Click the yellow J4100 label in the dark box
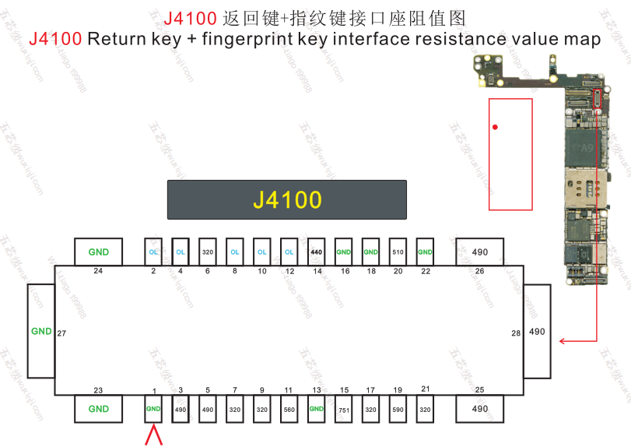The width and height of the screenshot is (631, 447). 287,200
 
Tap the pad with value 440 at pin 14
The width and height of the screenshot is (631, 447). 316,252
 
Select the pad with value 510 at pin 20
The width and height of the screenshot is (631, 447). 398,252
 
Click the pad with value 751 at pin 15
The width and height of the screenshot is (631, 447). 344,410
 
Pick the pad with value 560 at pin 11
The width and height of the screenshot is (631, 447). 289,410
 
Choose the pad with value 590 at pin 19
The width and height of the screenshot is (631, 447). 398,410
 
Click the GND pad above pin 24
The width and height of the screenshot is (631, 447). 99,252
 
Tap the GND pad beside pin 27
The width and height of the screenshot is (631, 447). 40,331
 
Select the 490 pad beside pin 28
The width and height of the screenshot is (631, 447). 537,331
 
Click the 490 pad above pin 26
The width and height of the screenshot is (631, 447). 480,252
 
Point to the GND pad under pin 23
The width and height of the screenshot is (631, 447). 99,410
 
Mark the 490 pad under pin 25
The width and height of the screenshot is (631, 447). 480,410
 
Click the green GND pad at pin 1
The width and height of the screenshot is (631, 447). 153,410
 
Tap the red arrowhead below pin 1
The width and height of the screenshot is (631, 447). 154,435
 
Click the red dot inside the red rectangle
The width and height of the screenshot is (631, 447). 495,127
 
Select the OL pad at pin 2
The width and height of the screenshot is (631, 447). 153,252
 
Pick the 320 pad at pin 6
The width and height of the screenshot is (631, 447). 208,252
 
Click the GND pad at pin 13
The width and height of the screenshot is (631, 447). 316,410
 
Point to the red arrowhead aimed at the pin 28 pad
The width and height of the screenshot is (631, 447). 563,340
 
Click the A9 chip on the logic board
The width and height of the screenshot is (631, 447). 587,148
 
